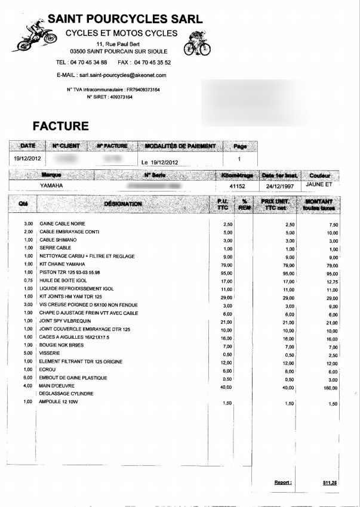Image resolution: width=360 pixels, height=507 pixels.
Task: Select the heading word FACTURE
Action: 60,126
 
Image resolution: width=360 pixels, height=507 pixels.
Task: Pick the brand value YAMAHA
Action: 52,186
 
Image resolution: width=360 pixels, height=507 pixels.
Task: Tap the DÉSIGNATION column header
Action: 123,204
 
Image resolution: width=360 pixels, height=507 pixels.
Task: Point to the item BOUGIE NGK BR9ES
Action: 61,345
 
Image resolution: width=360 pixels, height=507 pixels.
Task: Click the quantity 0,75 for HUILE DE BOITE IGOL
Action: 27,280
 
